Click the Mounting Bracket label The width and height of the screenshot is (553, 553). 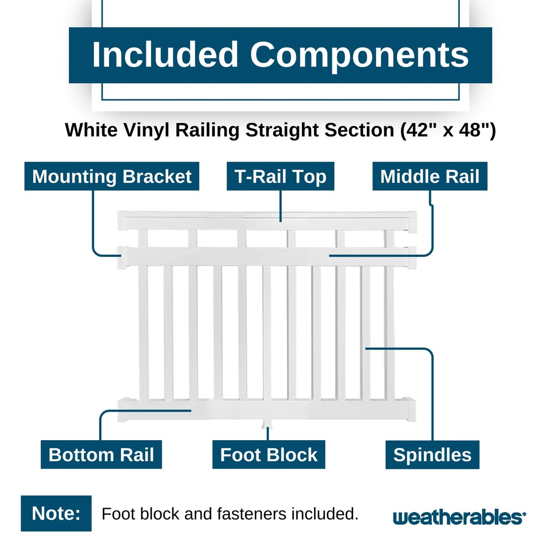(x=112, y=177)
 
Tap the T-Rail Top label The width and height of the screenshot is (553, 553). (x=280, y=177)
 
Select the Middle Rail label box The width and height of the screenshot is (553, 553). (x=430, y=177)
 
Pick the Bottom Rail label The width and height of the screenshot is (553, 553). (x=101, y=455)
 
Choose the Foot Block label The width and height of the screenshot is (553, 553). (x=269, y=455)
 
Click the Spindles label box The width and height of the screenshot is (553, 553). (x=433, y=455)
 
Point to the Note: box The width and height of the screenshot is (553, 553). (x=56, y=514)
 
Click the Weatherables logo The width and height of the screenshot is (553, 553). (x=459, y=517)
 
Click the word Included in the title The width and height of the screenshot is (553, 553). (x=165, y=55)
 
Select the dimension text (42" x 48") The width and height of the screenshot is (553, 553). (x=448, y=130)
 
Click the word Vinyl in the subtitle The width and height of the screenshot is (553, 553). (x=146, y=131)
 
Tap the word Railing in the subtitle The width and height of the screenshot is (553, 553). (x=207, y=131)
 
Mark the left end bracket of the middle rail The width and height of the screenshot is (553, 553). (x=123, y=258)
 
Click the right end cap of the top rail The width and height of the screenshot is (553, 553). (x=412, y=222)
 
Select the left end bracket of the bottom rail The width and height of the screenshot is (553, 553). (x=123, y=410)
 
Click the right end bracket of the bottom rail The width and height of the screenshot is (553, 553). (x=411, y=409)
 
